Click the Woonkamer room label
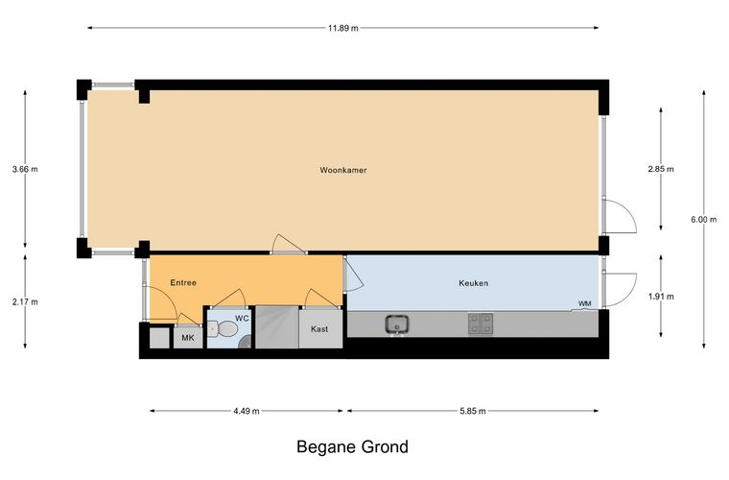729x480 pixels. coord(343,170)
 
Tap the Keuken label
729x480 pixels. coord(473,283)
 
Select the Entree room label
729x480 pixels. coord(183,283)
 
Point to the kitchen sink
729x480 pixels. coord(397,324)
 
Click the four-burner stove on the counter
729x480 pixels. coord(481,324)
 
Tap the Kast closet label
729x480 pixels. coord(319,329)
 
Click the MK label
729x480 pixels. coord(188,338)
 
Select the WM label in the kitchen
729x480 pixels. coord(585,303)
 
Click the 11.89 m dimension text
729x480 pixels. coord(343,28)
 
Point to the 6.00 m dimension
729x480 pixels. coord(703,220)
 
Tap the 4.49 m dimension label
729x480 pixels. coord(247,411)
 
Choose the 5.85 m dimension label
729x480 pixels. coord(472,411)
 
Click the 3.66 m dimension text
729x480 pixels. coord(25,169)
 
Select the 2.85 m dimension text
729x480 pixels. coord(661,169)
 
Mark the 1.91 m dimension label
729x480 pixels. coord(661,297)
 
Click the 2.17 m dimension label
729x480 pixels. coord(25,301)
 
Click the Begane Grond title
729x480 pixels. coord(352,447)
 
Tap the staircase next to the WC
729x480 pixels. coord(277,327)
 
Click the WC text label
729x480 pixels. coord(242,319)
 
